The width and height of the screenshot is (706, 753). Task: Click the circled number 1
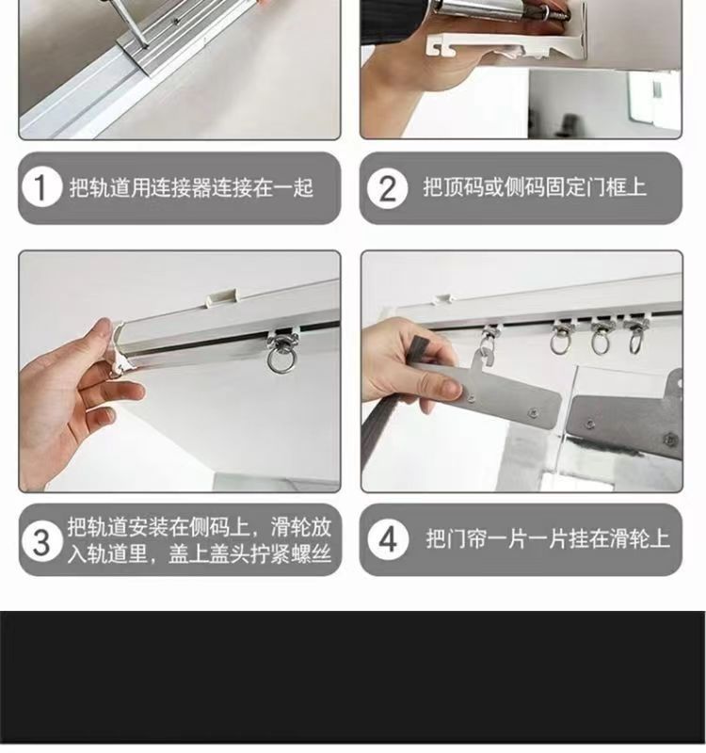(x=41, y=187)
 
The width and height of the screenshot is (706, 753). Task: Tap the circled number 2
(x=387, y=187)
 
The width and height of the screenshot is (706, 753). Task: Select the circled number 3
(x=41, y=540)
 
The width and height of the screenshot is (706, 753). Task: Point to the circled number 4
(x=388, y=539)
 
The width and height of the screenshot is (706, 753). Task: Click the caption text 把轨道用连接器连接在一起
(x=191, y=187)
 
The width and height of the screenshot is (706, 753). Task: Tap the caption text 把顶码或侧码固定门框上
(x=534, y=186)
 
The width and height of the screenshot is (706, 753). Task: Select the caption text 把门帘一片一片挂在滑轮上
(x=547, y=538)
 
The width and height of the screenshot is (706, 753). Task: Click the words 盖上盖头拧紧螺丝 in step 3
(x=249, y=553)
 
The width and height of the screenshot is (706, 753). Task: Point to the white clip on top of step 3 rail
(x=221, y=296)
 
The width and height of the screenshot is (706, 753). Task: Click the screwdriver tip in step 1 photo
(x=144, y=45)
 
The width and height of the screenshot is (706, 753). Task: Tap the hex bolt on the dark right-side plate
(x=670, y=440)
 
